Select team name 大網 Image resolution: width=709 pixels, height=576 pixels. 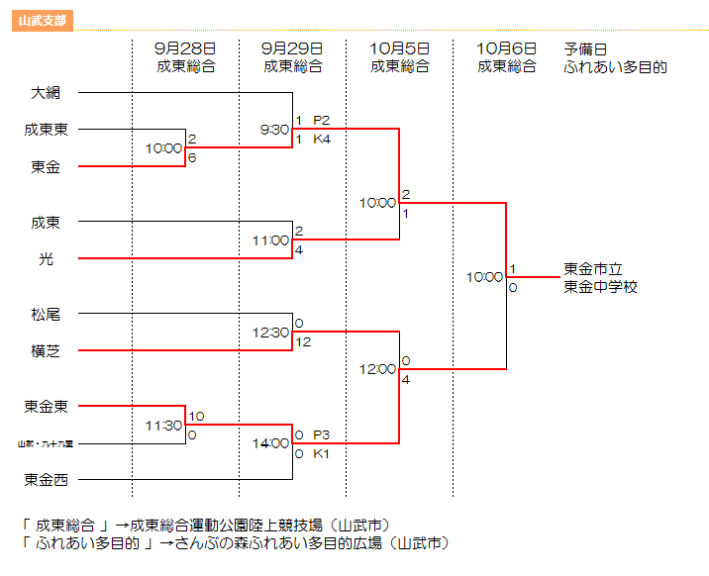(46, 93)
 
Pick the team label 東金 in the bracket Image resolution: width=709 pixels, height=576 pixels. (46, 166)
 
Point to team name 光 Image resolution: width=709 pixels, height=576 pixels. (46, 258)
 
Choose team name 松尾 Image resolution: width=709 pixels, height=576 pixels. (46, 315)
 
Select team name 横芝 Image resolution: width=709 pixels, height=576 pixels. (46, 350)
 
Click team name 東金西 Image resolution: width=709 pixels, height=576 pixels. (46, 480)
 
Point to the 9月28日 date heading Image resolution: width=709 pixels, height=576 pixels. (185, 48)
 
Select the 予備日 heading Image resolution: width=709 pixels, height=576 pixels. (584, 48)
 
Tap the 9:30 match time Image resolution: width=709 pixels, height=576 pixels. (274, 130)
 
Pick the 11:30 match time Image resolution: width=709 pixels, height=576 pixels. (164, 426)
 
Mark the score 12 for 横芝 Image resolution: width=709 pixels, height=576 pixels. (303, 341)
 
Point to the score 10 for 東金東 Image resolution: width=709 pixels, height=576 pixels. (196, 417)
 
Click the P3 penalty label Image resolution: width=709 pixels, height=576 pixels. (322, 434)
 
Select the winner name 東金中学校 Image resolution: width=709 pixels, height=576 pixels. (601, 286)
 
